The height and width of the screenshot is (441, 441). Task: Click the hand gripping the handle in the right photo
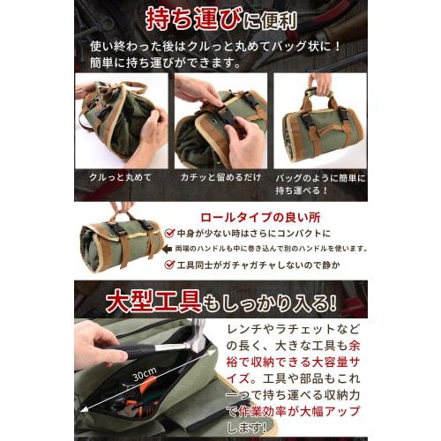(319, 84)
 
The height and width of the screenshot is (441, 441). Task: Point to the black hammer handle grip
(146, 351)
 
